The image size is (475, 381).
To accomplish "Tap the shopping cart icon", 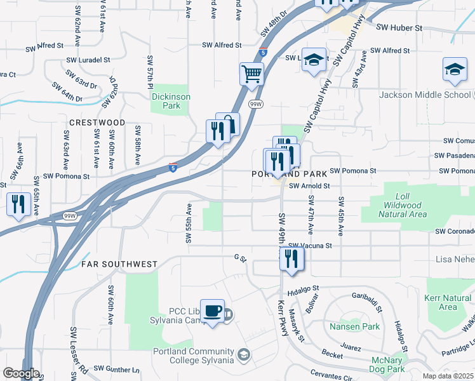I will coord(252,74).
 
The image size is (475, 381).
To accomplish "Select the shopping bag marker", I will coord(228,124).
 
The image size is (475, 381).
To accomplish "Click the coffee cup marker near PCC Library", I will coord(212,311).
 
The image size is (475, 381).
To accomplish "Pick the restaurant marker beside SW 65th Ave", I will coord(17,204).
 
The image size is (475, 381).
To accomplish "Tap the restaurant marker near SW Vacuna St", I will coord(292,258).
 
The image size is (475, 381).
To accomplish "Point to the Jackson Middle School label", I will coord(425,95).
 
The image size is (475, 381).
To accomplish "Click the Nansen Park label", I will coord(354,327).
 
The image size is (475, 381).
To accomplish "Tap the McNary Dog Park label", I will coord(387,364).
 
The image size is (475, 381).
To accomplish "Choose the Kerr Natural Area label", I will coord(448,302).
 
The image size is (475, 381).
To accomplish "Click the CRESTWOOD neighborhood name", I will coord(97,122).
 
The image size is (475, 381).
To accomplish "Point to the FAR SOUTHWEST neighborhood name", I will coord(119,264).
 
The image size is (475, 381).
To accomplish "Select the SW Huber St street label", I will coord(399,28).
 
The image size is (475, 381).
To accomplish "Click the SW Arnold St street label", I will coord(309,186).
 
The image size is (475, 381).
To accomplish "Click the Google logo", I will coord(21,373).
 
